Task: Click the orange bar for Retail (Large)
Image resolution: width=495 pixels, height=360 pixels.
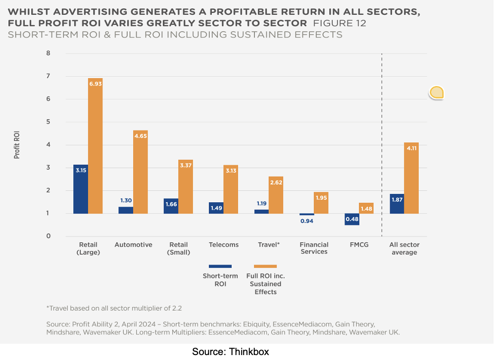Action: tap(95, 146)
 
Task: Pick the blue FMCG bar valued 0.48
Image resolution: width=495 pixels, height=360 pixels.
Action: tap(352, 220)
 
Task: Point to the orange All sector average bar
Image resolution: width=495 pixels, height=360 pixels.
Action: tap(411, 178)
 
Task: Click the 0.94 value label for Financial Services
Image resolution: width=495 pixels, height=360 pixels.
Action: tap(306, 221)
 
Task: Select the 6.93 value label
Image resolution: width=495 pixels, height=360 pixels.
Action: tap(95, 85)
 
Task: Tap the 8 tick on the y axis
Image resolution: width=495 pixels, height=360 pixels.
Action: tap(49, 53)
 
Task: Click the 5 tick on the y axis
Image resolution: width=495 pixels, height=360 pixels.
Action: tap(49, 122)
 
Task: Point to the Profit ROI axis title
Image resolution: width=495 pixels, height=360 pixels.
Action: tap(17, 144)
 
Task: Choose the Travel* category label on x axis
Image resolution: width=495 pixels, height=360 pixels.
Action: tap(269, 245)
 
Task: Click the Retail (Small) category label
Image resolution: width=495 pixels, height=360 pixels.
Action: tap(178, 248)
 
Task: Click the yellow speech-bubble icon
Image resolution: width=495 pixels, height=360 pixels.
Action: tap(437, 92)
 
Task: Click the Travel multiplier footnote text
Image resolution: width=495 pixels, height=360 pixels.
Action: tap(114, 308)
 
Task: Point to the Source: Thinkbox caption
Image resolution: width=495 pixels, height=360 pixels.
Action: tap(231, 352)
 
